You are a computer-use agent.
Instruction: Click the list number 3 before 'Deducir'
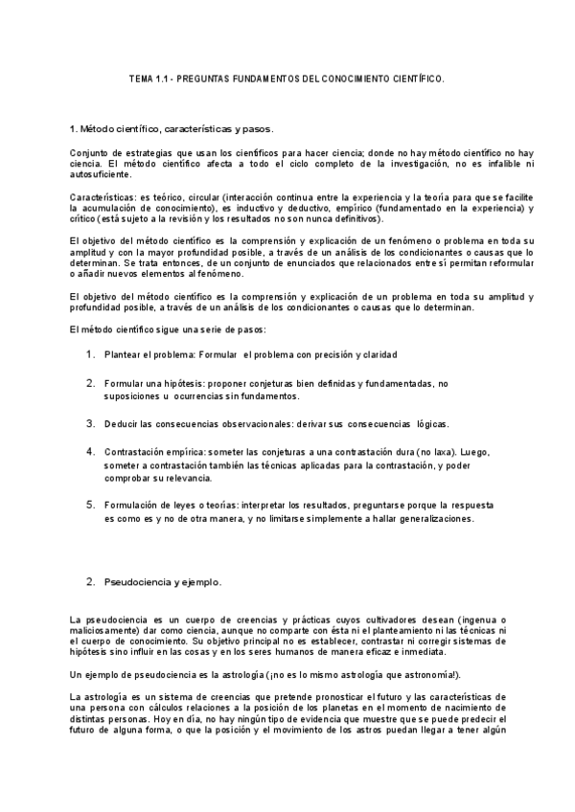(89, 421)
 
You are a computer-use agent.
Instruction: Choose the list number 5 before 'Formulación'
(89, 503)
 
